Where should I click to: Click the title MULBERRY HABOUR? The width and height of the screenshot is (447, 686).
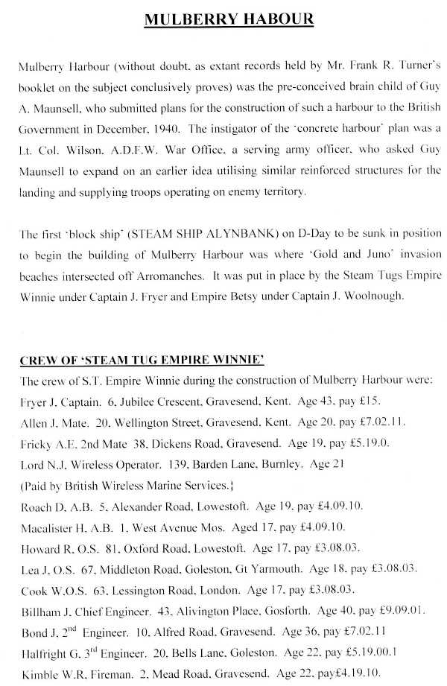tap(223, 20)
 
